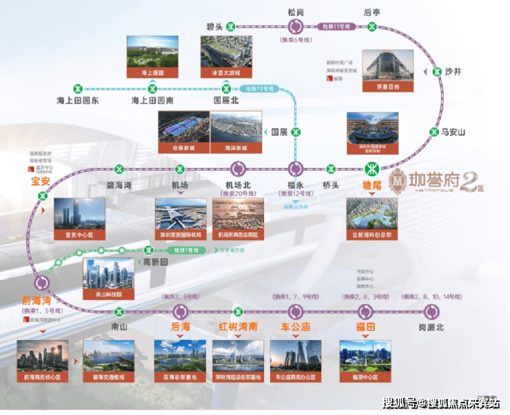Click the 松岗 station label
click(x=296, y=11)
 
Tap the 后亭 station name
click(x=372, y=11)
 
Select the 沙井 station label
click(x=453, y=72)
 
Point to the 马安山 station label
click(x=454, y=131)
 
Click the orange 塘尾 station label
click(x=372, y=184)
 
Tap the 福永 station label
click(x=296, y=185)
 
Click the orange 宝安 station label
click(x=41, y=182)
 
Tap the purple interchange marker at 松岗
click(x=296, y=26)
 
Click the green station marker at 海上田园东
click(x=78, y=88)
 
